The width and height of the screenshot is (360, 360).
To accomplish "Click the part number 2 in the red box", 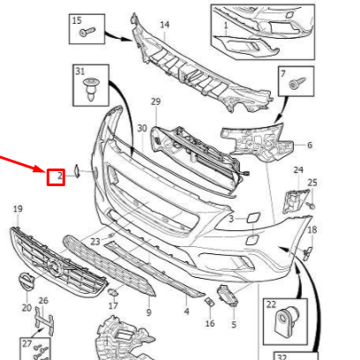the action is pyautogui.click(x=60, y=176).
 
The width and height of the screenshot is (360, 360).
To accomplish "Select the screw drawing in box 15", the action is pyautogui.click(x=87, y=32).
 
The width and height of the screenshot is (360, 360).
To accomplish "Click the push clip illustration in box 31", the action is pyautogui.click(x=91, y=88).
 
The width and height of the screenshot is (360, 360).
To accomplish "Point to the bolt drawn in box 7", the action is pyautogui.click(x=297, y=82).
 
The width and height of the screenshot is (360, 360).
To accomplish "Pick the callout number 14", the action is pyautogui.click(x=165, y=25).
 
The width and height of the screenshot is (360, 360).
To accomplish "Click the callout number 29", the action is pyautogui.click(x=156, y=101).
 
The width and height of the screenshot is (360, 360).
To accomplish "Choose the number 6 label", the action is pyautogui.click(x=310, y=145).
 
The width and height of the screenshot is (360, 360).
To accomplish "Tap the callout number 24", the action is pyautogui.click(x=298, y=169).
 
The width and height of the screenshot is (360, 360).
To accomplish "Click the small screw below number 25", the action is pyautogui.click(x=311, y=206).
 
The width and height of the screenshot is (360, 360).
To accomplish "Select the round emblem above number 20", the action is pyautogui.click(x=26, y=281).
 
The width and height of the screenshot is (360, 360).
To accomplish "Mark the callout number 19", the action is pyautogui.click(x=18, y=209).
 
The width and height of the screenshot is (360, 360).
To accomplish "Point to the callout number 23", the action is pyautogui.click(x=95, y=242).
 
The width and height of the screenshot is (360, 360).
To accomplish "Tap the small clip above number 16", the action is pyautogui.click(x=209, y=302).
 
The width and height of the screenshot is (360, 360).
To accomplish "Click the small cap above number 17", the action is pyautogui.click(x=113, y=292).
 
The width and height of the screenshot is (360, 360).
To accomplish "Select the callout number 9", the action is pyautogui.click(x=149, y=312).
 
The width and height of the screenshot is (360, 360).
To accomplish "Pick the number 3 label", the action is pyautogui.click(x=231, y=219).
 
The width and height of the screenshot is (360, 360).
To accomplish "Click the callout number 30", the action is pyautogui.click(x=142, y=128).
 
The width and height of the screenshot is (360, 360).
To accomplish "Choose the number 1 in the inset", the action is pyautogui.click(x=226, y=26).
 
